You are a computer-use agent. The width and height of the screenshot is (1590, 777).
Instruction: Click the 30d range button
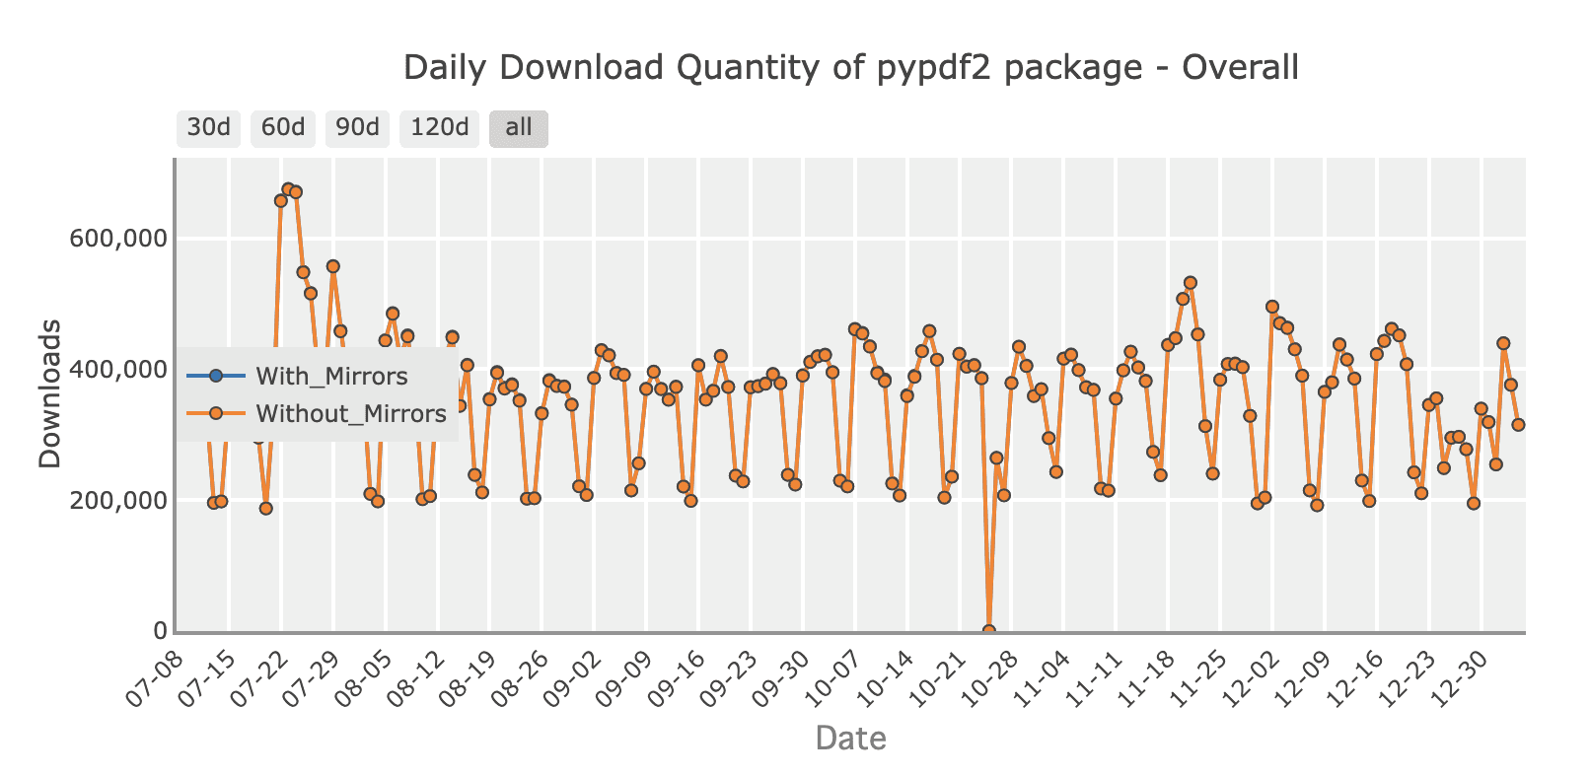tap(208, 128)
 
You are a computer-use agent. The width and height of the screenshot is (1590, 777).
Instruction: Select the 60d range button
tap(283, 128)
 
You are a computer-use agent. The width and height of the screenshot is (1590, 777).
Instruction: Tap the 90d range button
tap(357, 128)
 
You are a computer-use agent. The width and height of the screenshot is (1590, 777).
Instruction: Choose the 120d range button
tap(439, 128)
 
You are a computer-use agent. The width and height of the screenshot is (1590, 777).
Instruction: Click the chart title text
tap(850, 68)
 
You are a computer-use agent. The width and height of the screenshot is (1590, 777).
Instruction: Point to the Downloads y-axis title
tap(49, 394)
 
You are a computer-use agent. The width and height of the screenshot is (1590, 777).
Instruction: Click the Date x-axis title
tap(850, 738)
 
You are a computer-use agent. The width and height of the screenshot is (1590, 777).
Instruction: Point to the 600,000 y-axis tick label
tap(117, 239)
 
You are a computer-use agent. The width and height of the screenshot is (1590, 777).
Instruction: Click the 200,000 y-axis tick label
tap(117, 500)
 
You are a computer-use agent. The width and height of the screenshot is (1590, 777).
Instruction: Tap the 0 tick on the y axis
tap(159, 631)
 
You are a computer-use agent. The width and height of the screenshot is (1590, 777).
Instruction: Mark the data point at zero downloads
tap(988, 630)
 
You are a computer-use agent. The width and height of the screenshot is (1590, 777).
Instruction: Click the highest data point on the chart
tap(288, 188)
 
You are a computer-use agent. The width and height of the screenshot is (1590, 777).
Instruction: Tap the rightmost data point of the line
tap(1518, 424)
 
